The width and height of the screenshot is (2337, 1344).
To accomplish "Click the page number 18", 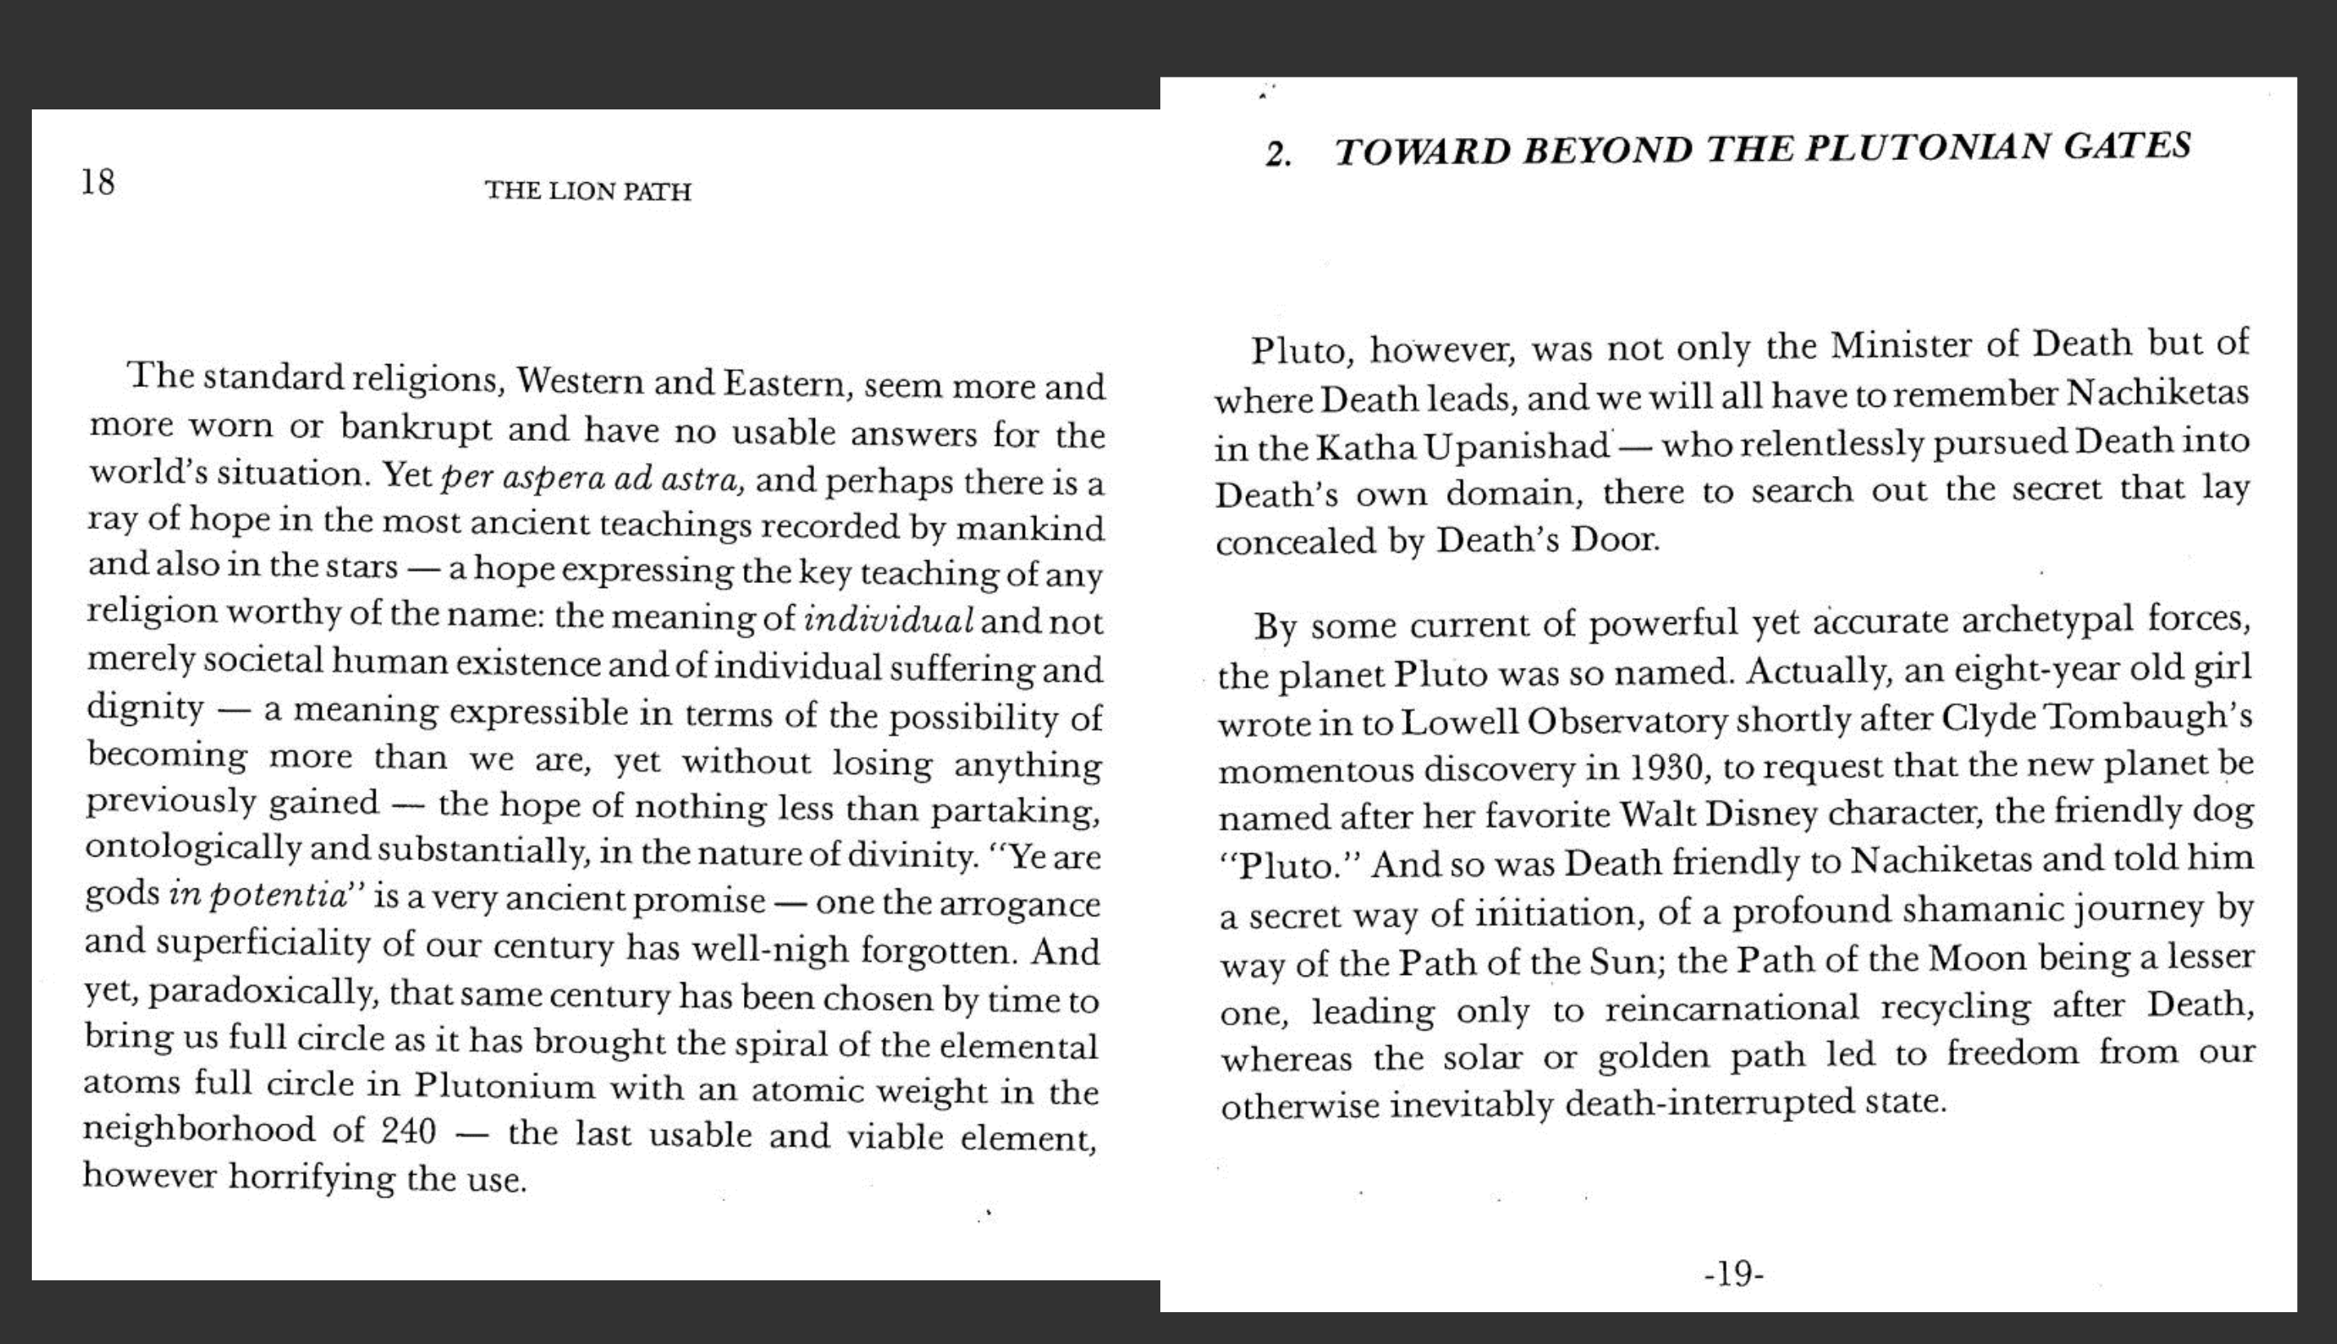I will tap(98, 182).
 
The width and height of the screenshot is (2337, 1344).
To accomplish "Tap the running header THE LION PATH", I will tap(588, 191).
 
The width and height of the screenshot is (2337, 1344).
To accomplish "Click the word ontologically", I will tap(193, 848).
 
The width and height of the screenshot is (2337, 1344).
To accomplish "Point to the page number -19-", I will tap(1734, 1274).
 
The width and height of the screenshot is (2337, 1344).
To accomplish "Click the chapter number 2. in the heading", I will tap(1279, 154).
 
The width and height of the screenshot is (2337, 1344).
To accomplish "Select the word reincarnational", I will tap(1732, 1007).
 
